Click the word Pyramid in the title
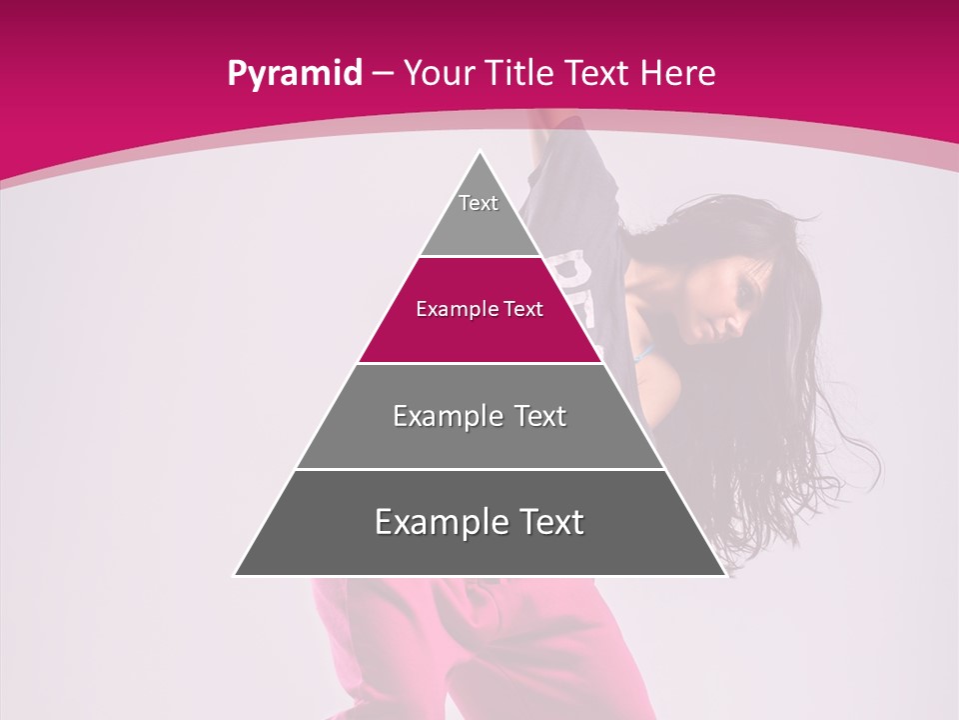pyautogui.click(x=295, y=74)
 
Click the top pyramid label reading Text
pyautogui.click(x=479, y=203)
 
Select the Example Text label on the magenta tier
pyautogui.click(x=479, y=309)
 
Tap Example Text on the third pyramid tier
pyautogui.click(x=479, y=416)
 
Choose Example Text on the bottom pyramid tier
pyautogui.click(x=479, y=522)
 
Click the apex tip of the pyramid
pyautogui.click(x=480, y=153)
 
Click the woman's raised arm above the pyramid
pyautogui.click(x=547, y=125)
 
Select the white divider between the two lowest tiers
pyautogui.click(x=479, y=469)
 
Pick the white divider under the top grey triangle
pyautogui.click(x=479, y=256)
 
